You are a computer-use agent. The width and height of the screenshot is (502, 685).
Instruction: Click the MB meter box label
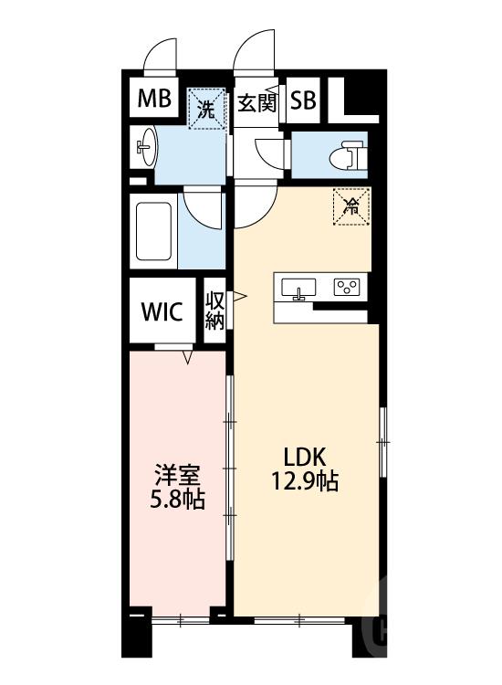(153, 100)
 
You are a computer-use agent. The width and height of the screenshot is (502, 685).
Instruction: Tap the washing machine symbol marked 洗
(207, 109)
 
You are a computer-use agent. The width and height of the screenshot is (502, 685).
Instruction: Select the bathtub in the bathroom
(155, 231)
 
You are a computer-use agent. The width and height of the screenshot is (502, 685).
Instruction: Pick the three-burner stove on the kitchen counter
(347, 288)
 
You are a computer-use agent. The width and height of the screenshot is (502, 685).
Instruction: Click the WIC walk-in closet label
(162, 311)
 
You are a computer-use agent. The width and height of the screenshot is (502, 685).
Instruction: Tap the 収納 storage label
(215, 311)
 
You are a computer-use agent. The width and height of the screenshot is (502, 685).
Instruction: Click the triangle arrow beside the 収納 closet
(238, 296)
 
